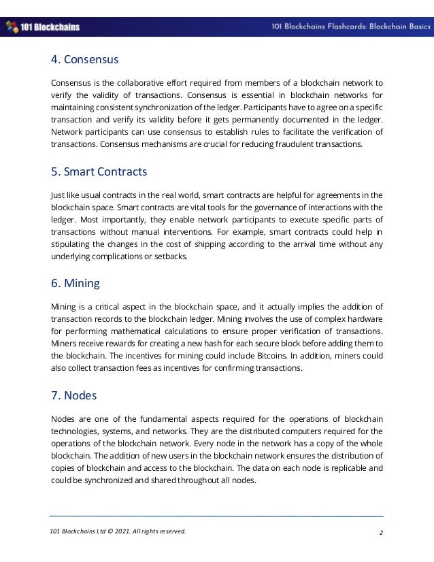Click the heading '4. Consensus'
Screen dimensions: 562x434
point(85,60)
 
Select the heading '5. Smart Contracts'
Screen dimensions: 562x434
point(99,171)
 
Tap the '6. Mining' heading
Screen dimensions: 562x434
point(75,283)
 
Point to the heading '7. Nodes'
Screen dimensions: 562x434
point(73,395)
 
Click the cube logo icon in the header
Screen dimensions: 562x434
point(12,27)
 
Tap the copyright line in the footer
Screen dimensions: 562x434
point(118,531)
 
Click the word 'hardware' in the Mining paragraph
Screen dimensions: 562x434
point(363,318)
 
